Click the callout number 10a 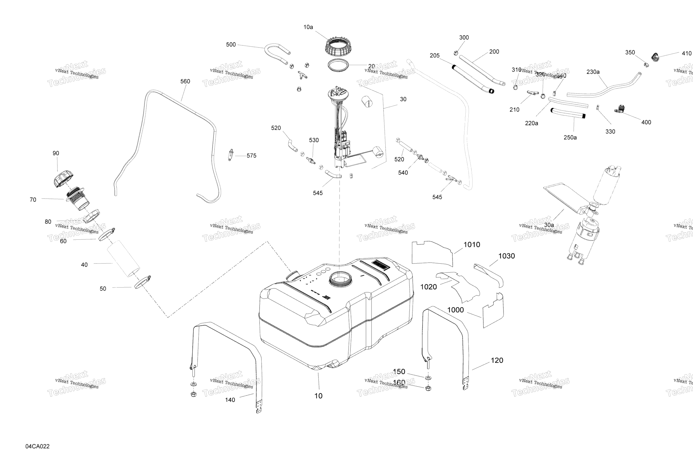pyautogui.click(x=308, y=27)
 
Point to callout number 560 pyautogui.click(x=185, y=81)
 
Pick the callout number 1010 pyautogui.click(x=472, y=245)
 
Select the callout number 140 pyautogui.click(x=230, y=400)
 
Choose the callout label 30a pyautogui.click(x=549, y=225)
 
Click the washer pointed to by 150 pyautogui.click(x=428, y=378)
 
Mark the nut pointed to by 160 pyautogui.click(x=428, y=388)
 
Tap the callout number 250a pyautogui.click(x=570, y=137)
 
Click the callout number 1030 pyautogui.click(x=507, y=256)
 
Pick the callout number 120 pyautogui.click(x=497, y=360)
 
